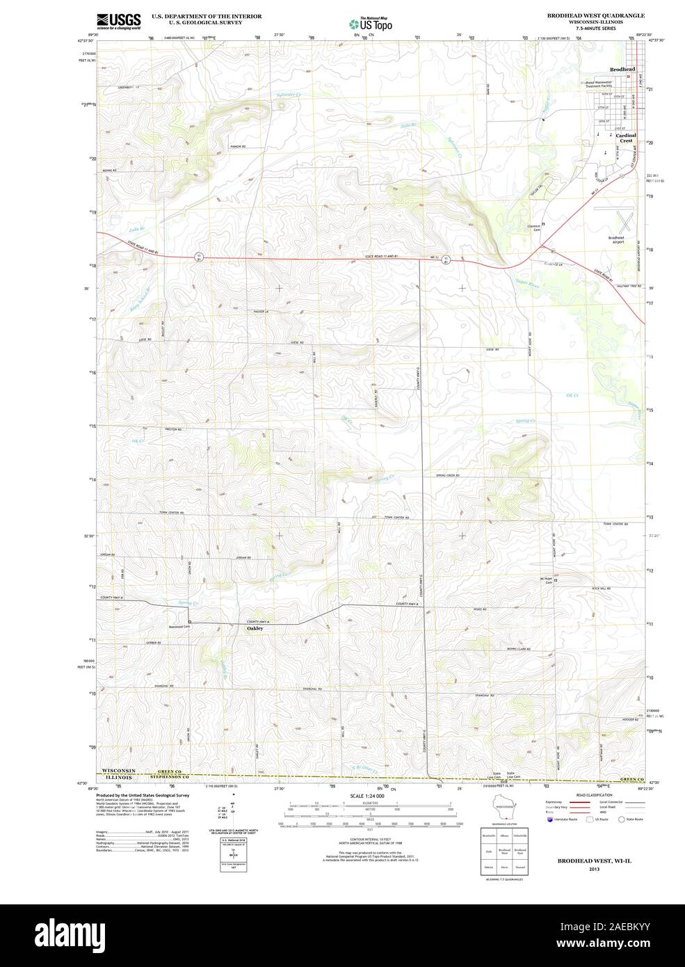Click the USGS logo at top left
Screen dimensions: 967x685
tap(119, 20)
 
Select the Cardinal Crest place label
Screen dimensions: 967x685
tap(625, 138)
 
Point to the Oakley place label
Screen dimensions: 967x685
tap(255, 628)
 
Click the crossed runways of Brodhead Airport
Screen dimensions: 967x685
tap(624, 221)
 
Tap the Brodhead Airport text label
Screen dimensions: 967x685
tap(615, 239)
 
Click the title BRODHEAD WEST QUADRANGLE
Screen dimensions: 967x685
tap(595, 15)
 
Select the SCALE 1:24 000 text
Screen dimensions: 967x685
tap(368, 795)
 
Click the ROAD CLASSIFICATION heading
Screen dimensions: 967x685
tap(594, 795)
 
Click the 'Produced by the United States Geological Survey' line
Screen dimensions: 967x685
tap(143, 795)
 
